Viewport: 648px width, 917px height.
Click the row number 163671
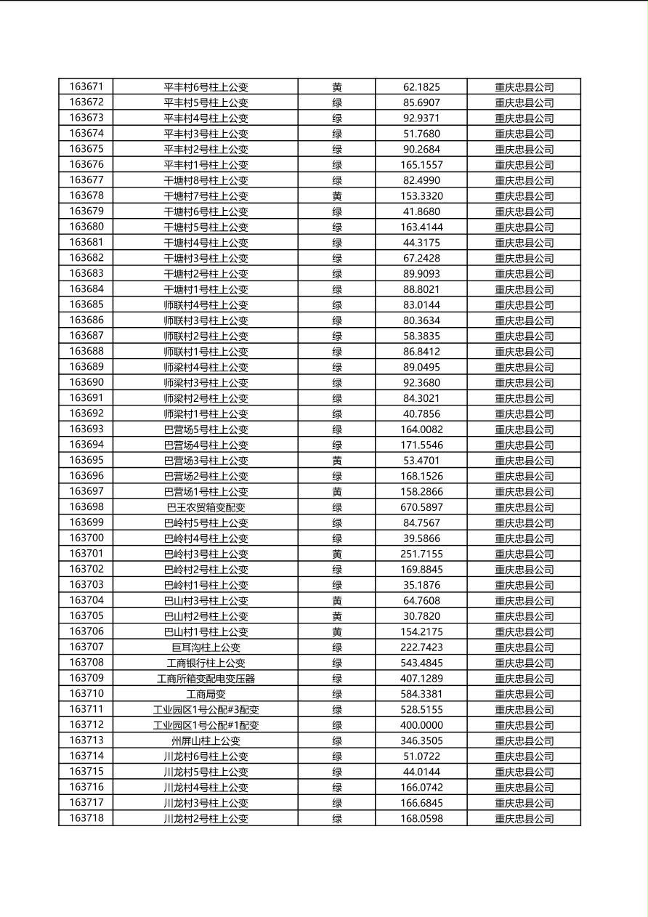[86, 86]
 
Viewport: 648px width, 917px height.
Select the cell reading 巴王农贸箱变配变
[206, 507]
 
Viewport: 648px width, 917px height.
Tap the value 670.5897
[421, 507]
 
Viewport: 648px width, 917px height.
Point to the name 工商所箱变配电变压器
[206, 679]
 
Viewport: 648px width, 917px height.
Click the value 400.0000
[421, 725]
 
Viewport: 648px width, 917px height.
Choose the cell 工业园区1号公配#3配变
[206, 710]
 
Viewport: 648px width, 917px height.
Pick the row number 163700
[86, 538]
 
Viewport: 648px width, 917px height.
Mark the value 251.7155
[421, 554]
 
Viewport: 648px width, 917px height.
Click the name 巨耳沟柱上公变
[206, 647]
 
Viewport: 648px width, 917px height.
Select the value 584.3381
[421, 694]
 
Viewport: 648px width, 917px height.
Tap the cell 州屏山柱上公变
[206, 741]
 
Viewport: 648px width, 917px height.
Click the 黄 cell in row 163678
[337, 196]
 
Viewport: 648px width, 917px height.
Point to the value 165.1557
[421, 165]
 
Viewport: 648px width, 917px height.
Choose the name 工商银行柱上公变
[206, 663]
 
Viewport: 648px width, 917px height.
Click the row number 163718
[86, 818]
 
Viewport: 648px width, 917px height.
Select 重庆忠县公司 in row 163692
[524, 414]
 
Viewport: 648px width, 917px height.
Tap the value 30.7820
[421, 616]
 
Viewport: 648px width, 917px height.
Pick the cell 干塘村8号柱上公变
[206, 180]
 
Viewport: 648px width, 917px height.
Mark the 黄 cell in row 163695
[337, 461]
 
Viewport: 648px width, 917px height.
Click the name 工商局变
[206, 694]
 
